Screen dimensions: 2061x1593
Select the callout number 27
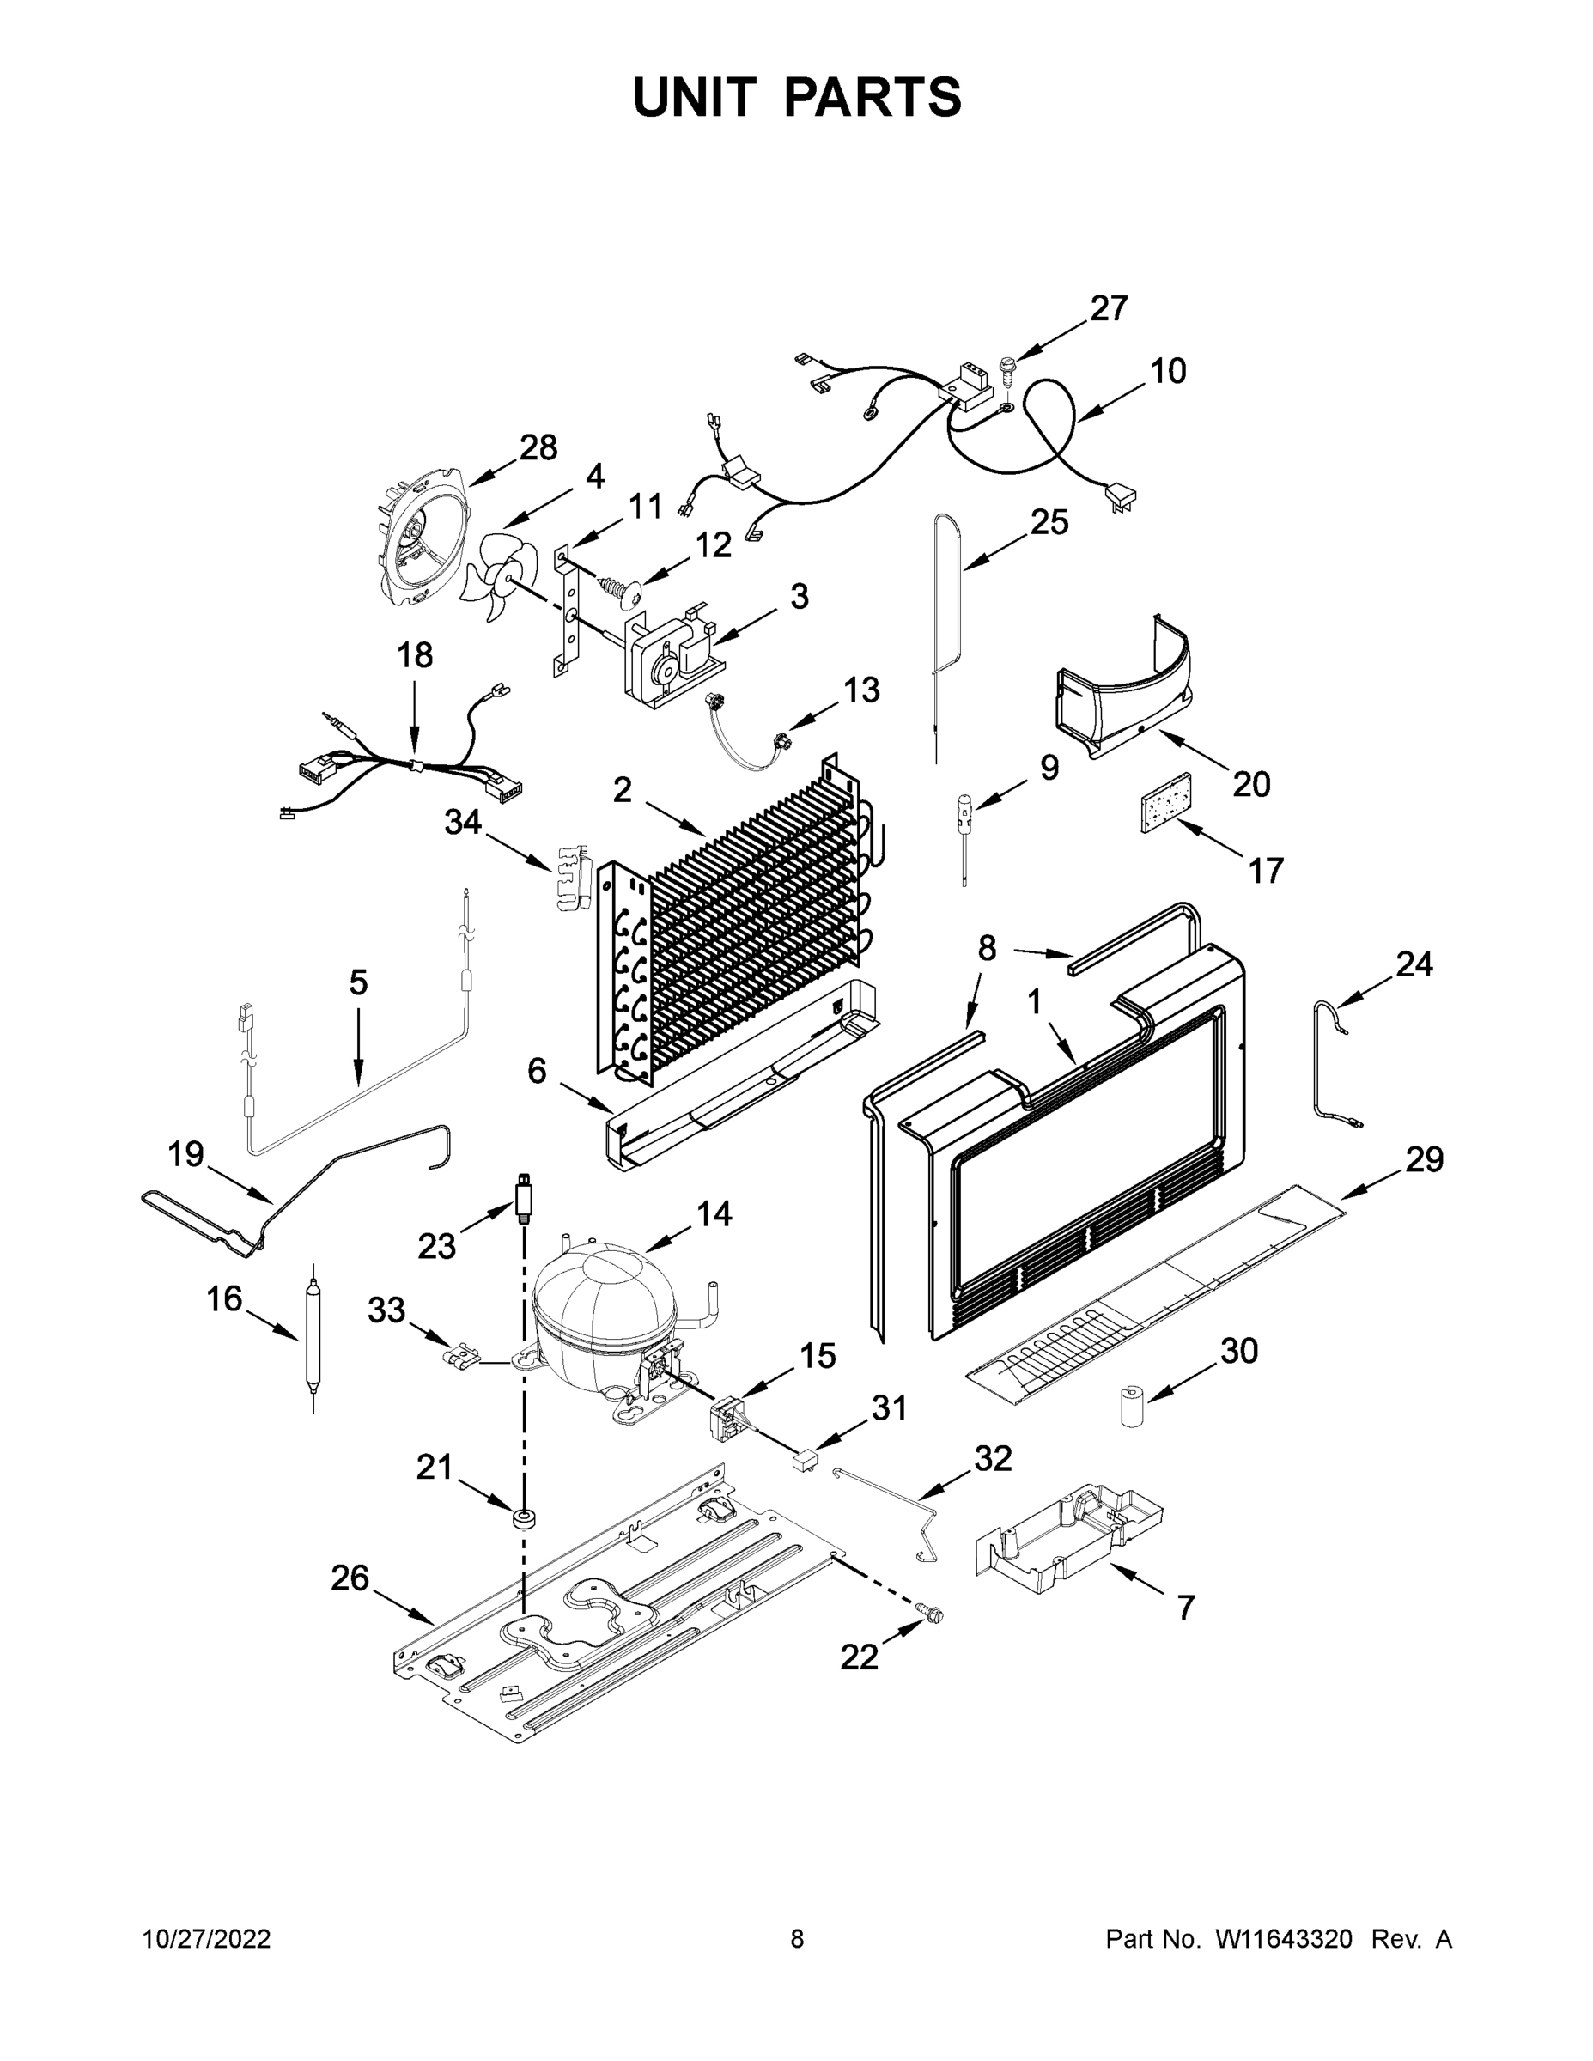(x=1109, y=308)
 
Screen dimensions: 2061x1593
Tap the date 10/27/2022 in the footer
(x=207, y=1938)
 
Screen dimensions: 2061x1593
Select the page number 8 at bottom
(x=797, y=1938)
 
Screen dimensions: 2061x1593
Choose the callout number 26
(x=350, y=1578)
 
